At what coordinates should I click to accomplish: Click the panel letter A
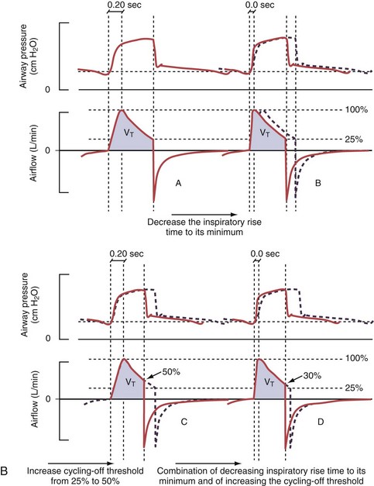point(178,184)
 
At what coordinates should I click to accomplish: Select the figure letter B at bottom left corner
point(7,470)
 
